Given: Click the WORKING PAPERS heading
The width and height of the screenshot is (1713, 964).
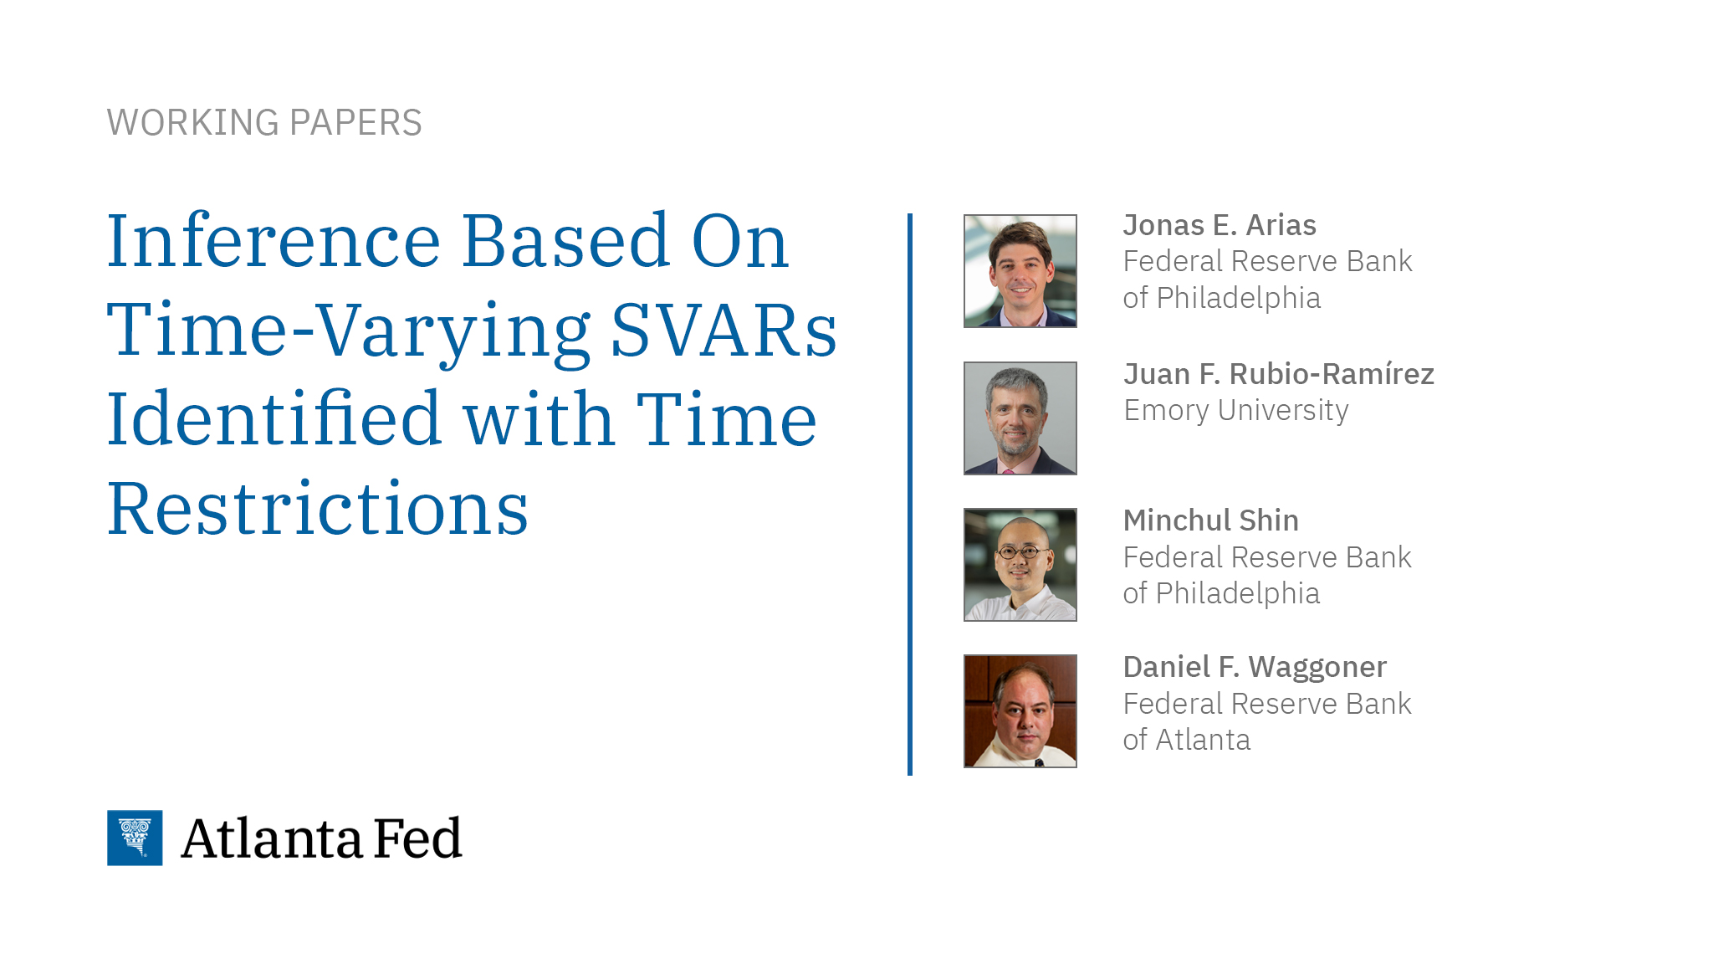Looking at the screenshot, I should [264, 123].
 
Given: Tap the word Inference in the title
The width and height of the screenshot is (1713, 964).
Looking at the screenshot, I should [274, 242].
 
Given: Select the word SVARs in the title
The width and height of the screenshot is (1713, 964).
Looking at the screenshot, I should [724, 331].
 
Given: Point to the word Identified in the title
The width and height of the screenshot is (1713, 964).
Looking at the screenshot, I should [274, 419].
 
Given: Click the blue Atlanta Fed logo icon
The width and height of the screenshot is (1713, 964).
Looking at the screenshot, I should [135, 838].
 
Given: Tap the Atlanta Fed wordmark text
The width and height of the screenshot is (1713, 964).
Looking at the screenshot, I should [321, 838].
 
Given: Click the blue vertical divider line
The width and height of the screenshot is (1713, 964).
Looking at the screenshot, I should [910, 494].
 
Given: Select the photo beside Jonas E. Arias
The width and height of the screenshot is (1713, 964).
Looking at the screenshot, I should [1020, 271].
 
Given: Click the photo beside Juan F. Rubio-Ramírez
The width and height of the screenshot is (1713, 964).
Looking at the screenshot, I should [1020, 418].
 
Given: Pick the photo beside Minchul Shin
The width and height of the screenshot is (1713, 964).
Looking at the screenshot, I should [1020, 565].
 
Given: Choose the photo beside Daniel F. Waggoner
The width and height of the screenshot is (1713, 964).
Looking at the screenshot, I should [1020, 711].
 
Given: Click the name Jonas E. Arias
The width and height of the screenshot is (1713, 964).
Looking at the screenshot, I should [1219, 225].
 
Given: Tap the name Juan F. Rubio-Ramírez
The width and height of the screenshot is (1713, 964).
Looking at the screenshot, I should [1278, 374].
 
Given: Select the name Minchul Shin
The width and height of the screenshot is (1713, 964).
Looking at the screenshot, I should [1210, 520].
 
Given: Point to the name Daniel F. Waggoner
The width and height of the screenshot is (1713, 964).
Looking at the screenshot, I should [1254, 667].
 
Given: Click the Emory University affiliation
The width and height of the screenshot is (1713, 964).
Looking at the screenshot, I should [1235, 411].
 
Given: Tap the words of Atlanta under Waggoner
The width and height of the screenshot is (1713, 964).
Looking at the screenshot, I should [1186, 740].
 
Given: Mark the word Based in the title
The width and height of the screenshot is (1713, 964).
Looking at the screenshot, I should [565, 242].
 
